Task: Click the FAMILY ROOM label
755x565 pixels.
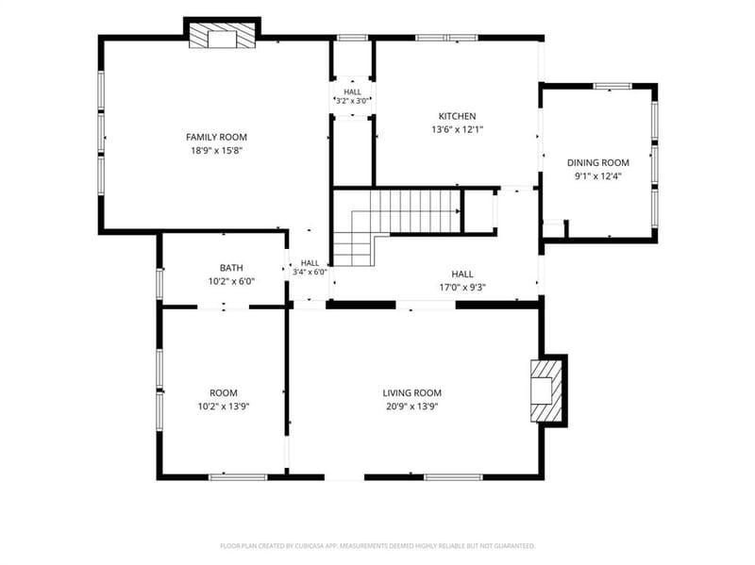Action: pyautogui.click(x=216, y=137)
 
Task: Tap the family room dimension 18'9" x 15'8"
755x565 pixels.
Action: pyautogui.click(x=216, y=151)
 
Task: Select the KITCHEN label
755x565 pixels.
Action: pyautogui.click(x=457, y=116)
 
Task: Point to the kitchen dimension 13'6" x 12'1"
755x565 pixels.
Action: pyautogui.click(x=457, y=129)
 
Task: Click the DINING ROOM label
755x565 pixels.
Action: pyautogui.click(x=598, y=162)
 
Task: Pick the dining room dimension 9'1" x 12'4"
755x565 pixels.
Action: pyautogui.click(x=598, y=176)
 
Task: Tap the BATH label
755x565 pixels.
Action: pyautogui.click(x=231, y=268)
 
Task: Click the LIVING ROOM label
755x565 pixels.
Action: pyautogui.click(x=412, y=393)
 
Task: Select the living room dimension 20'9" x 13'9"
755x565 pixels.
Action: pyautogui.click(x=412, y=407)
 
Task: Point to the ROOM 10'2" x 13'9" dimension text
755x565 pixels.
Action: pyautogui.click(x=224, y=407)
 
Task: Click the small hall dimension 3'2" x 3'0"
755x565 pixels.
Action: pyautogui.click(x=352, y=101)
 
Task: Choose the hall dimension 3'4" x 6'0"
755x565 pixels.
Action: pyautogui.click(x=310, y=272)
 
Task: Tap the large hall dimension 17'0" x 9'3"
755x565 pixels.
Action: pyautogui.click(x=462, y=288)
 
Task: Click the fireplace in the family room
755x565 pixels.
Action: pyautogui.click(x=222, y=36)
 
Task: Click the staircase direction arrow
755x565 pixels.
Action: pyautogui.click(x=458, y=211)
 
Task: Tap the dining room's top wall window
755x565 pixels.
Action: pyautogui.click(x=612, y=86)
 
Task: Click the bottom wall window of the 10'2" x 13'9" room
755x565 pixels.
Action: pyautogui.click(x=238, y=477)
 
